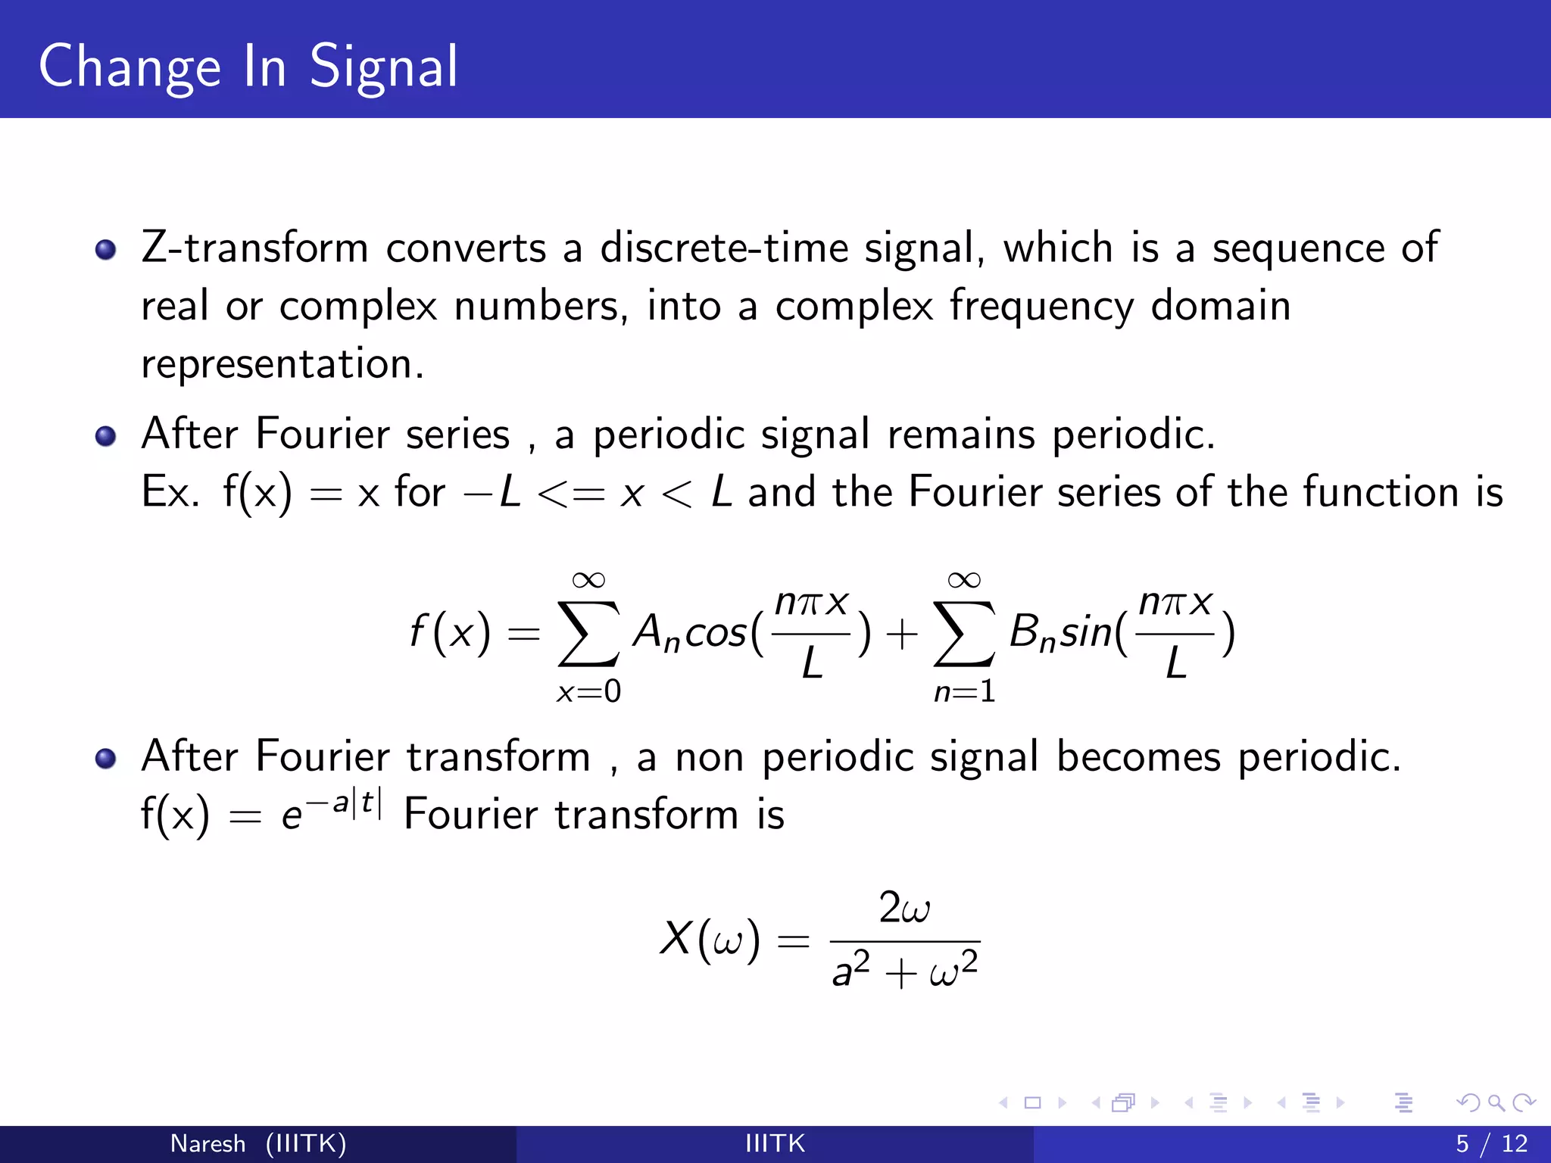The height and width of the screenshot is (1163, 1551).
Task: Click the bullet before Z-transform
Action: [106, 249]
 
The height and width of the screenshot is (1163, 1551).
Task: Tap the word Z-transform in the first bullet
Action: [254, 248]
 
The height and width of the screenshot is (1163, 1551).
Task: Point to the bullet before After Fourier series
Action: [106, 435]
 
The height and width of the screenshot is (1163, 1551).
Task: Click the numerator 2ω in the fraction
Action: [904, 908]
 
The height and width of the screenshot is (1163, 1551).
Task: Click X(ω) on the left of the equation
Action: [709, 940]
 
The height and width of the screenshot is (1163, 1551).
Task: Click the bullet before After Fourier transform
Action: [106, 758]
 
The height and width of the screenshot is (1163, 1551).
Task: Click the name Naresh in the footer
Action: [208, 1143]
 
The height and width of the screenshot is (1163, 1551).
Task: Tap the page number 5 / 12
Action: [1491, 1143]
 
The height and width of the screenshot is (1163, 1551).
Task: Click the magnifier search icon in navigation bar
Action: [1495, 1103]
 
